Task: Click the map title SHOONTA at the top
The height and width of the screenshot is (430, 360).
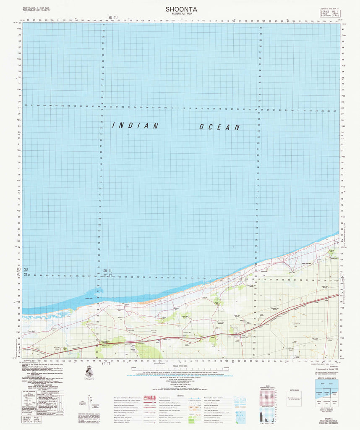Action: pyautogui.click(x=181, y=8)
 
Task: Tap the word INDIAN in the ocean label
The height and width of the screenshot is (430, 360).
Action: pyautogui.click(x=135, y=125)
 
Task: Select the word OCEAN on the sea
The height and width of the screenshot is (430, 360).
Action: pyautogui.click(x=219, y=127)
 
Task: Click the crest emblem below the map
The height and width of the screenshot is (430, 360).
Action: pyautogui.click(x=89, y=372)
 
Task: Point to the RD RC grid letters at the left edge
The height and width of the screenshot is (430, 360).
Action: pyautogui.click(x=18, y=272)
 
